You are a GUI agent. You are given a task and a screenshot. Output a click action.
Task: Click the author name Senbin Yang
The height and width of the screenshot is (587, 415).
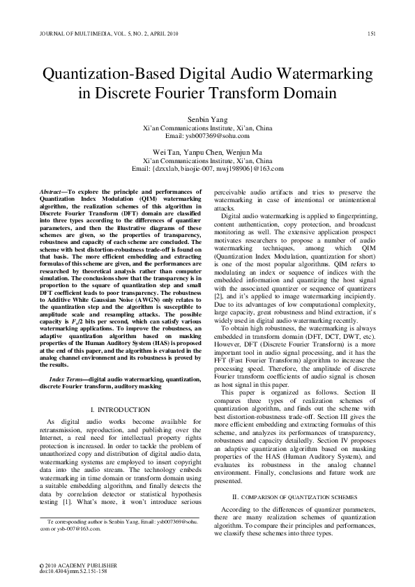coord(207,120)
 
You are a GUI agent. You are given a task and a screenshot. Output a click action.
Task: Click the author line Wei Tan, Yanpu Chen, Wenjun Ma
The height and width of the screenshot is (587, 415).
coord(207,152)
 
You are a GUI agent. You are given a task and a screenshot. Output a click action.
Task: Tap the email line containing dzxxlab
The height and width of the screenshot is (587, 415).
coord(207,168)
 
